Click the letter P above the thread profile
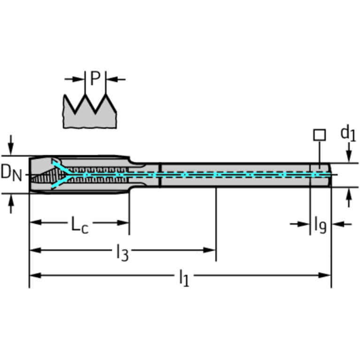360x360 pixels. pyautogui.click(x=95, y=78)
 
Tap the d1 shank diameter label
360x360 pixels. pyautogui.click(x=348, y=133)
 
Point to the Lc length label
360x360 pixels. pyautogui.click(x=80, y=224)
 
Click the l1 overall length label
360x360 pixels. pyautogui.click(x=184, y=278)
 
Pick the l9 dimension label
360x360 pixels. pyautogui.click(x=320, y=225)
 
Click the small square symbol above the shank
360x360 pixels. pyautogui.click(x=320, y=135)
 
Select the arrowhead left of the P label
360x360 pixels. pyautogui.click(x=78, y=79)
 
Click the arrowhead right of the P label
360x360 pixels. pyautogui.click(x=112, y=79)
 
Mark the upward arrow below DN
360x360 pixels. pyautogui.click(x=11, y=204)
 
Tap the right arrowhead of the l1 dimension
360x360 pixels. pyautogui.click(x=324, y=276)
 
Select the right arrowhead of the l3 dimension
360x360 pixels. pyautogui.click(x=209, y=250)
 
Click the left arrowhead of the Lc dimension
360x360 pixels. pyautogui.click(x=36, y=222)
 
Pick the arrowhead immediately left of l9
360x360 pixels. pyautogui.click(x=303, y=224)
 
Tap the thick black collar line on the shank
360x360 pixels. pyautogui.click(x=160, y=175)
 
